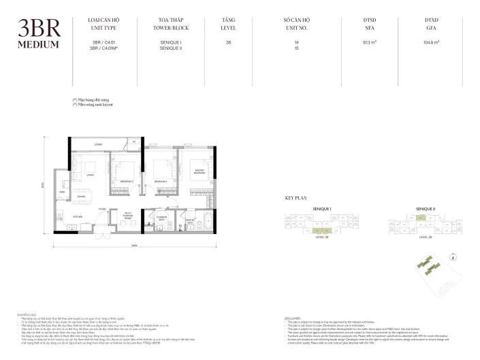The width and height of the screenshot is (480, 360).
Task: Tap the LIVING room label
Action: click(x=91, y=174)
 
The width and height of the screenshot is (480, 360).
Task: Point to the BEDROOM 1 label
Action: click(x=127, y=182)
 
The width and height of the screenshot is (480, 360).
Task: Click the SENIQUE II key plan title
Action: click(x=426, y=206)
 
